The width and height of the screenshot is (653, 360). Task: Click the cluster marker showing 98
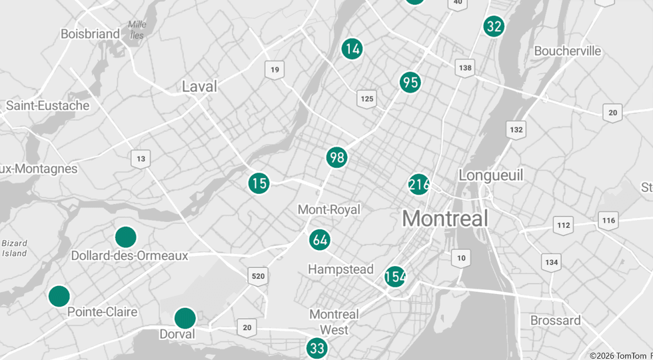337,157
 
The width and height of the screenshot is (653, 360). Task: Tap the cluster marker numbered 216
419,184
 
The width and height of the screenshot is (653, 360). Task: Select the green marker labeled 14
352,48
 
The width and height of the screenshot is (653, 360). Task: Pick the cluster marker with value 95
410,82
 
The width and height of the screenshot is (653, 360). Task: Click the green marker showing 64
320,239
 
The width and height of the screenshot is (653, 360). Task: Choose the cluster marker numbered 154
395,276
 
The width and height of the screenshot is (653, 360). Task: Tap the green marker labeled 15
259,183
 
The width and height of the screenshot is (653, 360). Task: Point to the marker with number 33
317,347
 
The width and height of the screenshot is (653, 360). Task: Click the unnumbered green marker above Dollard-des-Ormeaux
126,237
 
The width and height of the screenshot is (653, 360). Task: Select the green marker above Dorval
185,318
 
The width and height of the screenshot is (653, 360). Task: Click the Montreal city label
445,218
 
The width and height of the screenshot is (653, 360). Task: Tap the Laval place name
199,87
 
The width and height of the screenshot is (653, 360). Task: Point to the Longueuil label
491,175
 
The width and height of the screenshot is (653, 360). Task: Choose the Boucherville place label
568,51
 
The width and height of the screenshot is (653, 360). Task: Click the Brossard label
555,320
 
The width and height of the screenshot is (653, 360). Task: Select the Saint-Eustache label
48,105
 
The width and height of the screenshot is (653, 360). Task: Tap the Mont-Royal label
328,209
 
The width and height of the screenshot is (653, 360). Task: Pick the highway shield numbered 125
366,99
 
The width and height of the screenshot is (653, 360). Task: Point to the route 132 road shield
516,129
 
